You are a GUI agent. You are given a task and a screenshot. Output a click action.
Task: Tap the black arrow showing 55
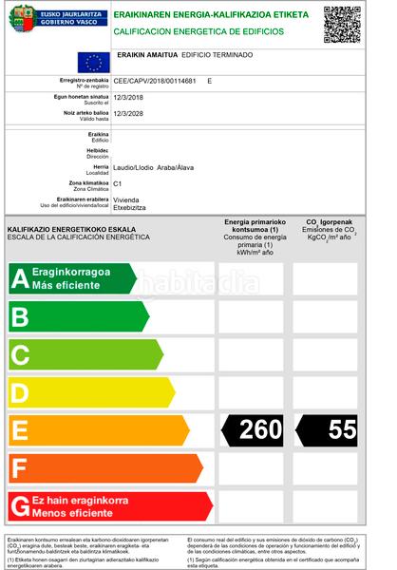[x=328, y=429]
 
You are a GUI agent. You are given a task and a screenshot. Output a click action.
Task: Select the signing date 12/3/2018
[x=128, y=98]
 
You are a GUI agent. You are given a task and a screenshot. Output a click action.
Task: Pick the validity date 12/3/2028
[x=128, y=113]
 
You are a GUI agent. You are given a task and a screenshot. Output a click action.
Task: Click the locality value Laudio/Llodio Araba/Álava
[x=155, y=168]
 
